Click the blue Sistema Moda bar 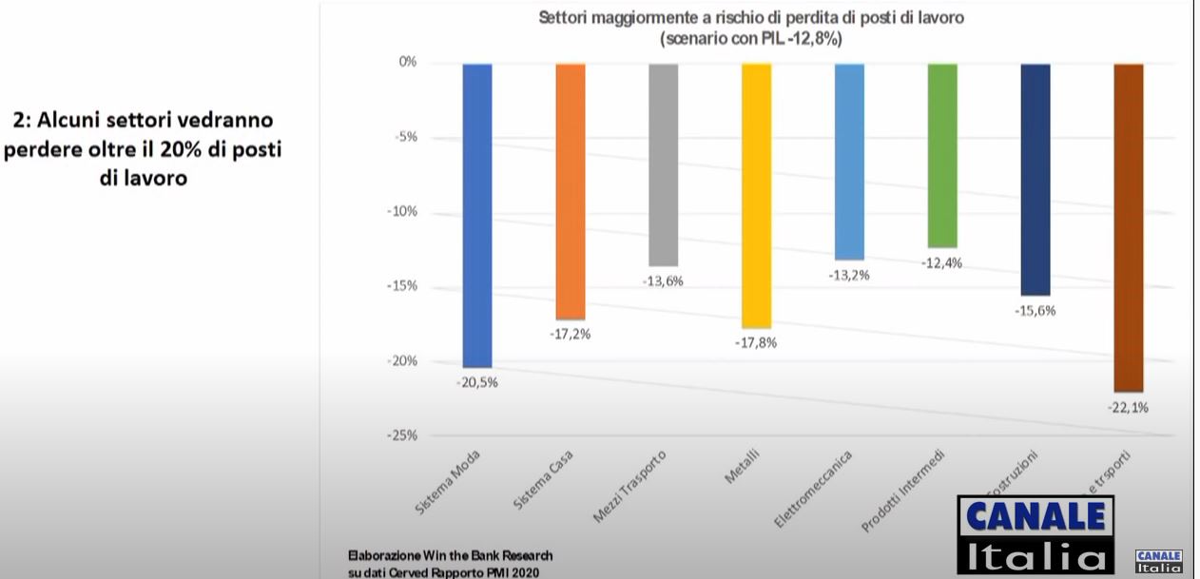click(476, 215)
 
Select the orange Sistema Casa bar click(570, 190)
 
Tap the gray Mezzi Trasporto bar click(663, 164)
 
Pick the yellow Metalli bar click(756, 195)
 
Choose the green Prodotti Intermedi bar click(942, 155)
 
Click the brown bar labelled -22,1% click(1128, 227)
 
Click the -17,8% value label click(756, 342)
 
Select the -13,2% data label click(849, 275)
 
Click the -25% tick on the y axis click(401, 435)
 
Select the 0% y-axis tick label click(408, 62)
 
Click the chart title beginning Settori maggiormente click(752, 18)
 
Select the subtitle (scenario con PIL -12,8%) click(751, 41)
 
